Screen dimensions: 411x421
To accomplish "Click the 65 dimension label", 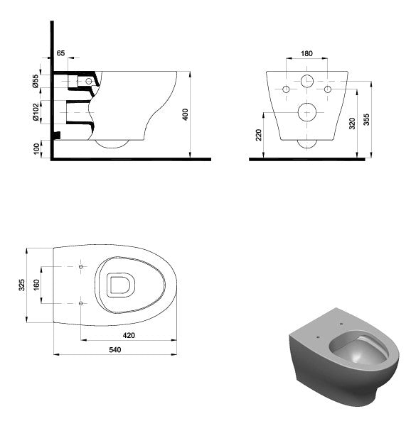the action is pyautogui.click(x=60, y=53).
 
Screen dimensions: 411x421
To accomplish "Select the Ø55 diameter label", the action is pyautogui.click(x=36, y=81).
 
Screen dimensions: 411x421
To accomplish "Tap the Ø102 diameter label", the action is pyautogui.click(x=36, y=111).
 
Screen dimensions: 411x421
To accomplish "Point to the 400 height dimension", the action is pyautogui.click(x=186, y=114).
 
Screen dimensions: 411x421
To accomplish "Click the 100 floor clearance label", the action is pyautogui.click(x=36, y=149).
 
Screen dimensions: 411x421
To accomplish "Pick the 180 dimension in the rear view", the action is pyautogui.click(x=306, y=54).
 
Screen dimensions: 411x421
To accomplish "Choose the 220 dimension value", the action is pyautogui.click(x=259, y=135).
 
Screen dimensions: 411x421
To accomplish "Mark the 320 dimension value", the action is pyautogui.click(x=352, y=124).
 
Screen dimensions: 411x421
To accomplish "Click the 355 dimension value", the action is pyautogui.click(x=366, y=119).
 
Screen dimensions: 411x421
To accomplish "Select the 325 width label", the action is pyautogui.click(x=21, y=285).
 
